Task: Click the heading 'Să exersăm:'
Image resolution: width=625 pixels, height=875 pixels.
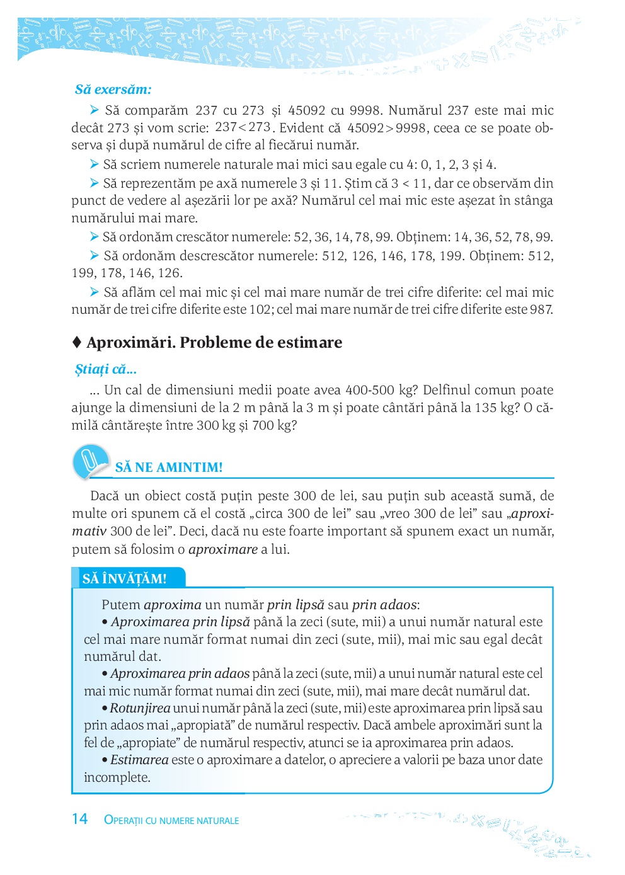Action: click(x=113, y=89)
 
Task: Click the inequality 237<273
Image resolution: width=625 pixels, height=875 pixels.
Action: click(x=243, y=127)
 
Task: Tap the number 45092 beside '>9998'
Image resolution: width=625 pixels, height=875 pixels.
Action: click(x=365, y=128)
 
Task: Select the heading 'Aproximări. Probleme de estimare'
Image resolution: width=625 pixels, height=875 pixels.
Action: click(x=214, y=342)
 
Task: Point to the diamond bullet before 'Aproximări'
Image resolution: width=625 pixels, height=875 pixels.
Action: click(x=77, y=342)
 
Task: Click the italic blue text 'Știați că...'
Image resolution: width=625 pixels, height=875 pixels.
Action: click(x=106, y=369)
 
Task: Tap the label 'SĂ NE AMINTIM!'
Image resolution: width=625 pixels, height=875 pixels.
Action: click(x=169, y=467)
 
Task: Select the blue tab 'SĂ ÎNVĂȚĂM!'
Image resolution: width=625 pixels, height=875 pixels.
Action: click(x=125, y=578)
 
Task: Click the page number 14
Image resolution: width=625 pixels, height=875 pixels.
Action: click(x=79, y=819)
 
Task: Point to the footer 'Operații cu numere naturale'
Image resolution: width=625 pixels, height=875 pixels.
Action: click(x=171, y=820)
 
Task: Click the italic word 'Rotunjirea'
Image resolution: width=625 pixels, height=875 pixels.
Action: click(x=140, y=708)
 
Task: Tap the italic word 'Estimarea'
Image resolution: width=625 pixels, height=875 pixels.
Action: click(x=139, y=760)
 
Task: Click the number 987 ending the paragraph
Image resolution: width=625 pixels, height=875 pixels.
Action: click(x=541, y=309)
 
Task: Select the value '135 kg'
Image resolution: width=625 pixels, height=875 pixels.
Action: click(x=495, y=408)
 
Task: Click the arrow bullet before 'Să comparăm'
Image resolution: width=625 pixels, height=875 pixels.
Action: click(x=95, y=110)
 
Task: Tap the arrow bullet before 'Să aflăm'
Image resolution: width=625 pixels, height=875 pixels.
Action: click(x=95, y=292)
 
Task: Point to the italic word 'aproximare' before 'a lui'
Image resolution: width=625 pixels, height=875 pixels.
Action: click(x=223, y=549)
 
